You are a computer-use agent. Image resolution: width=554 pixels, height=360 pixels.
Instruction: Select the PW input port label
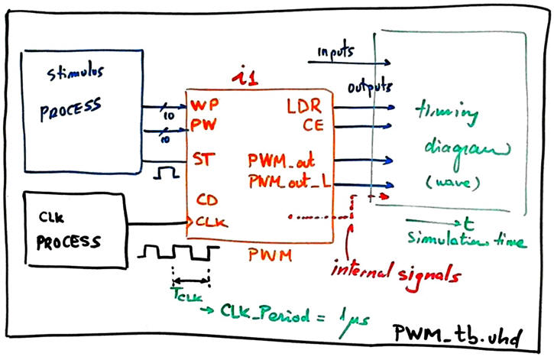[x=200, y=123]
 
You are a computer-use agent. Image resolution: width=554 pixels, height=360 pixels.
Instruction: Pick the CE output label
[x=313, y=123]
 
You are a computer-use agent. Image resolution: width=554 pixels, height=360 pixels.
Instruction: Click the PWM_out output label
[x=283, y=161]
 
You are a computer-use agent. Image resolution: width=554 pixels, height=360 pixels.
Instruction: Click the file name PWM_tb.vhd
[x=457, y=333]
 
